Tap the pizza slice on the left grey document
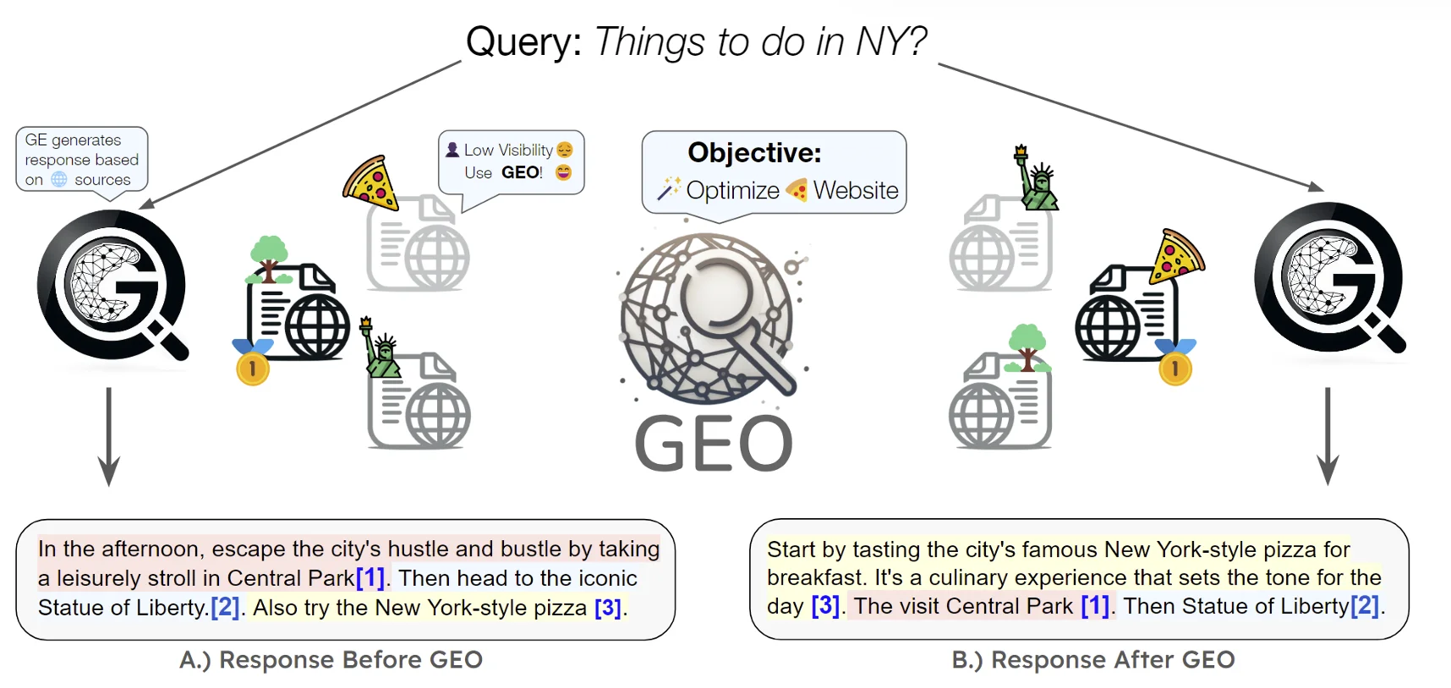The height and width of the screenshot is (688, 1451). tap(370, 182)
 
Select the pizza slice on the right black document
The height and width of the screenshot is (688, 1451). tap(1175, 256)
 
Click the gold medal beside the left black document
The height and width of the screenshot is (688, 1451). tap(252, 362)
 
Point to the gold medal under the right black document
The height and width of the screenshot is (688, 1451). tap(1175, 362)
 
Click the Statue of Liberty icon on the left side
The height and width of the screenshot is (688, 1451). tap(381, 348)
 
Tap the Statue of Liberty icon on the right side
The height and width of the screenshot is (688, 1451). tap(1036, 178)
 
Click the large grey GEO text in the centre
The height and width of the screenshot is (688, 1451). tap(714, 443)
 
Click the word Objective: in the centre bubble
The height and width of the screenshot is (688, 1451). tap(754, 152)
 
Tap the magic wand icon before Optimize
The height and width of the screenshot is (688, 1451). tap(669, 189)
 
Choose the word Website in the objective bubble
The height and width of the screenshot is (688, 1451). tap(856, 190)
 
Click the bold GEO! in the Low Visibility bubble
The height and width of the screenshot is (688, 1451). tap(522, 172)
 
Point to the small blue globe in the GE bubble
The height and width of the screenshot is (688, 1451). tap(59, 179)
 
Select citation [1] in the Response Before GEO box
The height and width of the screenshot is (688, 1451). tap(370, 578)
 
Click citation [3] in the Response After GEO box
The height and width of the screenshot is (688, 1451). tap(826, 606)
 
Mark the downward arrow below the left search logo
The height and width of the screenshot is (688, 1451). tap(109, 437)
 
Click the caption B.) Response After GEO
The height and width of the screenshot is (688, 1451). tap(1093, 659)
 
